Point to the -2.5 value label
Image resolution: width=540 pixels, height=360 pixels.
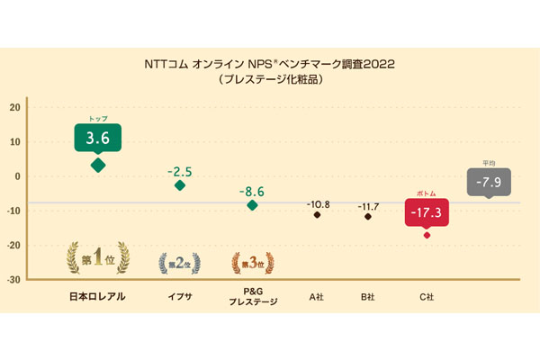tap(181, 169)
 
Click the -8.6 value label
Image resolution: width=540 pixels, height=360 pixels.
tap(252, 192)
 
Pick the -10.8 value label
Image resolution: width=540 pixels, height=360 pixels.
tap(318, 204)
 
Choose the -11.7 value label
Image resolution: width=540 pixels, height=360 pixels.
tap(367, 207)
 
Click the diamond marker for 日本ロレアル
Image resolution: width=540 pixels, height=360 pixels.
tap(98, 165)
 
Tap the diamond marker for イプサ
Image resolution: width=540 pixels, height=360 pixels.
tap(180, 185)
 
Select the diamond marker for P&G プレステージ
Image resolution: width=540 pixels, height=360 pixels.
tap(252, 205)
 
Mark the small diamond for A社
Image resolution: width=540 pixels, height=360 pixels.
tap(317, 215)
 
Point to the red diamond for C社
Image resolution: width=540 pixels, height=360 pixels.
tap(427, 235)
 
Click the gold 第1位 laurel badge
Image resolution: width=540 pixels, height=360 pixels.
tap(97, 261)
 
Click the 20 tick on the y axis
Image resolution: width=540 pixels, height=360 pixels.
tap(14, 107)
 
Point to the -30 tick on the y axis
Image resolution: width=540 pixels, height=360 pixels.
tap(13, 280)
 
